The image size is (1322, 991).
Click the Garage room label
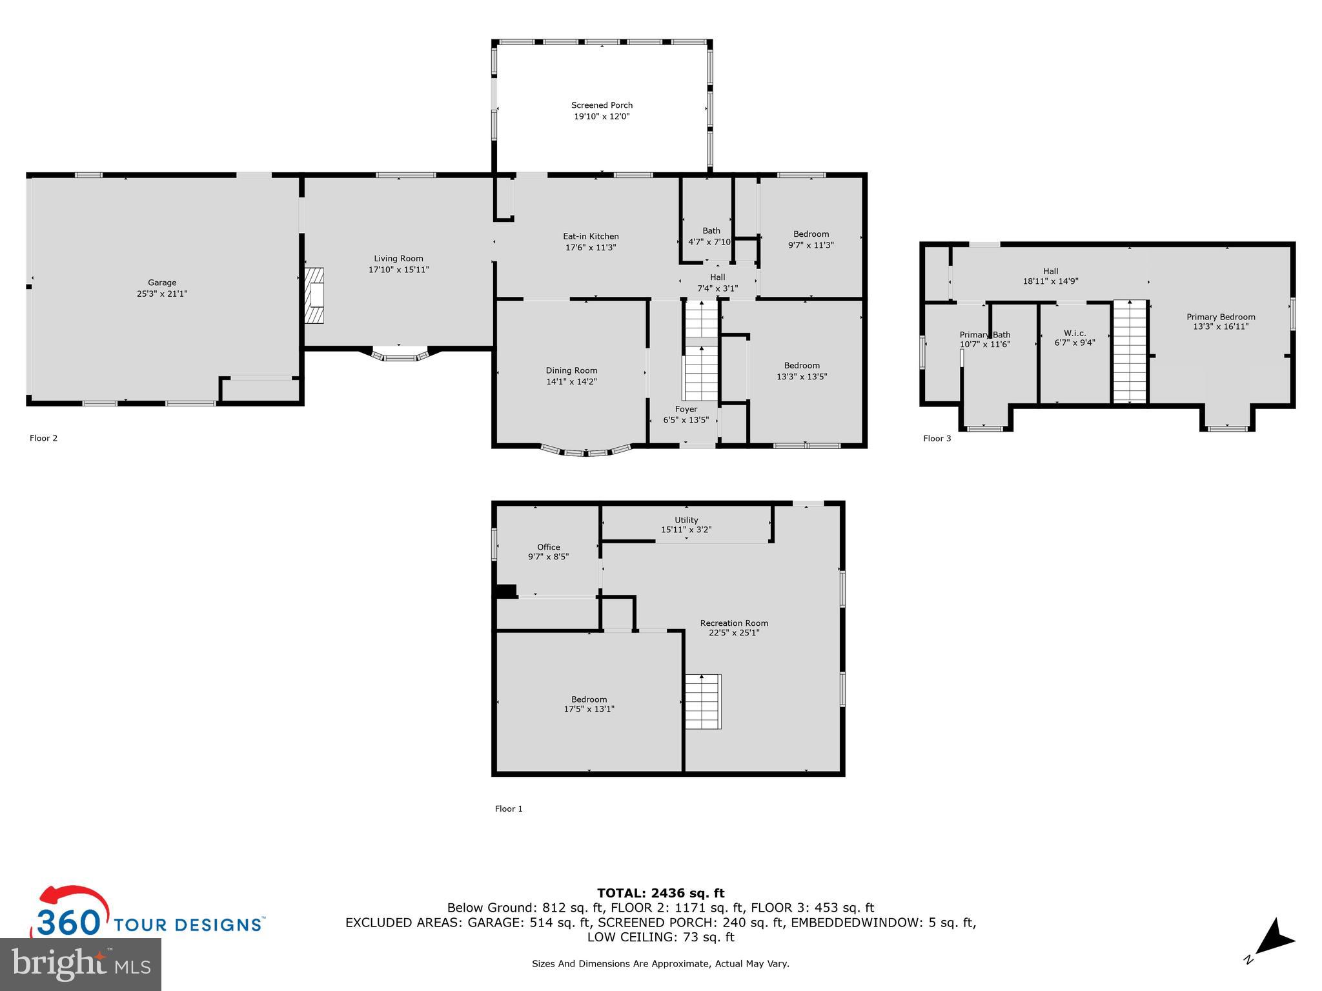162,283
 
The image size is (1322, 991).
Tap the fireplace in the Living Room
314,295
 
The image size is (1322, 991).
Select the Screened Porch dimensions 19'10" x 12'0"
602,117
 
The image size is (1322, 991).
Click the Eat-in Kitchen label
591,236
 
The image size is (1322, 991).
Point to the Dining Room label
571,370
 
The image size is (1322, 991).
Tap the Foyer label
686,409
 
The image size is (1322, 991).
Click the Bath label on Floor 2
711,230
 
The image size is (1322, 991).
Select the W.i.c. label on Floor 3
1075,333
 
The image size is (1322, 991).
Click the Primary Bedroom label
1221,317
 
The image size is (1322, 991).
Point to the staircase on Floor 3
1130,352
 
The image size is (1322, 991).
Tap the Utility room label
686,520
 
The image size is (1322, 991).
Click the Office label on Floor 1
549,547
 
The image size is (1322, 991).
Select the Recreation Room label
734,623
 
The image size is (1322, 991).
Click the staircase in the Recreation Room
703,701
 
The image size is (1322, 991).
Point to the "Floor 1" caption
509,808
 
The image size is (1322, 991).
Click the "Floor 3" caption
937,439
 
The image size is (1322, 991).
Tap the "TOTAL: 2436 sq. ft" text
660,894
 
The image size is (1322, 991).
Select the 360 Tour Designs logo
148,912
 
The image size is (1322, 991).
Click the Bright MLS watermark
81,963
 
